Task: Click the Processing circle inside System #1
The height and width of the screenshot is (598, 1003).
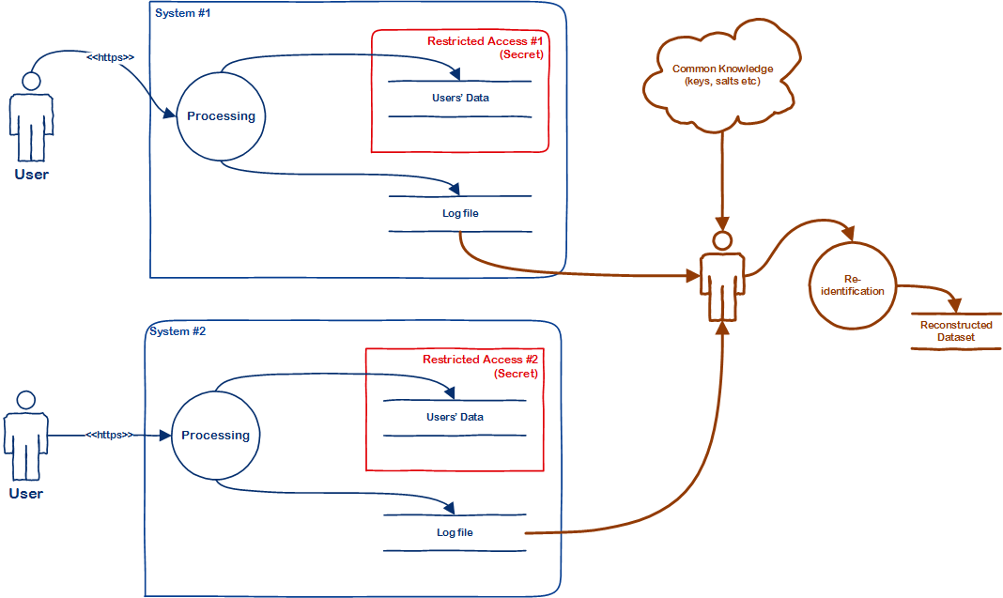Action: coord(221,116)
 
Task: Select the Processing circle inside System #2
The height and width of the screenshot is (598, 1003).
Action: coord(215,436)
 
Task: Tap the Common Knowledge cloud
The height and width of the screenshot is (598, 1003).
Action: coord(722,75)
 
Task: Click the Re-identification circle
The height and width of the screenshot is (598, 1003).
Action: coord(852,285)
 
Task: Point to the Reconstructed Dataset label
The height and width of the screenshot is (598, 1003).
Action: coord(956,330)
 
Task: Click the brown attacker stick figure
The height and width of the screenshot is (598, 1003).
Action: coord(721,277)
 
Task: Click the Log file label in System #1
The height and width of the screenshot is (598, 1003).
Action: coord(460,213)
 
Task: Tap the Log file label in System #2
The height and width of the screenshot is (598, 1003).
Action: coord(455,532)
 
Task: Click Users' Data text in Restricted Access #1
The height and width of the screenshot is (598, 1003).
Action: coord(460,98)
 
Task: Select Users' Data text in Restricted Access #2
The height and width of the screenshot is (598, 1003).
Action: coord(455,417)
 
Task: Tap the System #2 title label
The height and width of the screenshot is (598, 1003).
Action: coord(177,331)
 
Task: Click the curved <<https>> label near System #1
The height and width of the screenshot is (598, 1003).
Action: coord(110,58)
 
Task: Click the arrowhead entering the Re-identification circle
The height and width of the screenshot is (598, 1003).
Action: coord(849,235)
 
